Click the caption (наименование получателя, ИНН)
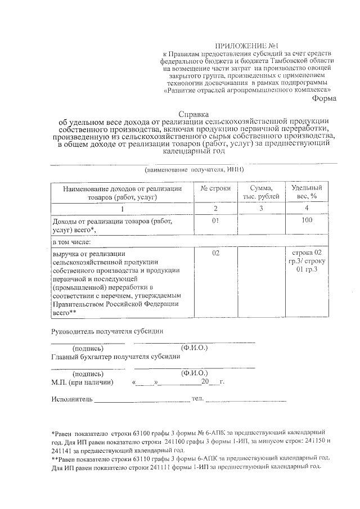(x=194, y=169)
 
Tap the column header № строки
(x=215, y=188)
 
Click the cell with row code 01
(x=215, y=222)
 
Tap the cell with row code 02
(x=215, y=254)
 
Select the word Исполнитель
(x=71, y=400)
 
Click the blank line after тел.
(x=246, y=400)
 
